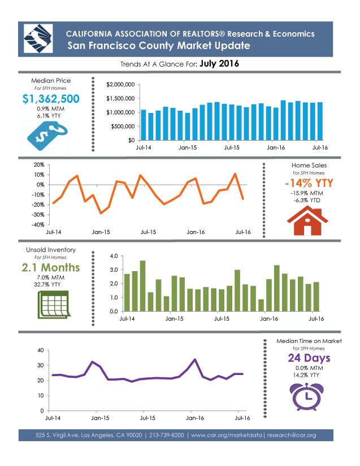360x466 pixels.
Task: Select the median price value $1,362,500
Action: click(x=51, y=99)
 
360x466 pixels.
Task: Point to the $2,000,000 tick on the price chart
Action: click(x=120, y=85)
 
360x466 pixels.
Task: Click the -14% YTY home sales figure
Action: click(x=309, y=184)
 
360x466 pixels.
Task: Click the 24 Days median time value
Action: click(x=309, y=359)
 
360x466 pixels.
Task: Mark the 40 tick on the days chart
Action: click(x=40, y=350)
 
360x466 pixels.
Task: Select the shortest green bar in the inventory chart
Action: click(x=261, y=305)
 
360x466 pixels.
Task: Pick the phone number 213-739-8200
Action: click(x=165, y=435)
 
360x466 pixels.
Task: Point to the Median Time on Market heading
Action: click(x=309, y=341)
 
